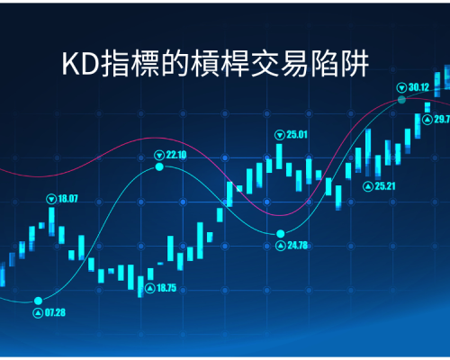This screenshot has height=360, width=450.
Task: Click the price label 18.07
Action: click(67, 199)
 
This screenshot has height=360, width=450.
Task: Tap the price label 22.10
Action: click(176, 155)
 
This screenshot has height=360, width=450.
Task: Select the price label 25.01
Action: click(297, 134)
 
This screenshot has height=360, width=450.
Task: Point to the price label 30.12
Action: click(418, 87)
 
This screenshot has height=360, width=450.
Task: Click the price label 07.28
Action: click(55, 312)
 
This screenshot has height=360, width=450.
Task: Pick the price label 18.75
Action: click(166, 288)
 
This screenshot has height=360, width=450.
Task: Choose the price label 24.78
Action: click(298, 246)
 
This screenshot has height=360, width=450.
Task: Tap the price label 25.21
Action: click(385, 186)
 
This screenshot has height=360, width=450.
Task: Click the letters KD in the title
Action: click(80, 64)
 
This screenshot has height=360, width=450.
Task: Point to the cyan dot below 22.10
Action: click(159, 166)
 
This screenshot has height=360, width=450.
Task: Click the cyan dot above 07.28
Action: click(38, 301)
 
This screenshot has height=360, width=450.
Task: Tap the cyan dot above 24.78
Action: click(281, 233)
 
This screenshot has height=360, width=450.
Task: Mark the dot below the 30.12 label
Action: click(401, 100)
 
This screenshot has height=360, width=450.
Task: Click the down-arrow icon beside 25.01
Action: click(280, 135)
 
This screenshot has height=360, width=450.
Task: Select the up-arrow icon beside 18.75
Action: click(150, 289)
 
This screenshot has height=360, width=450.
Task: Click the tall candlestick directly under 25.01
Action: click(279, 157)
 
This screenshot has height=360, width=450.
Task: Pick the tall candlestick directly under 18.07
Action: click(51, 221)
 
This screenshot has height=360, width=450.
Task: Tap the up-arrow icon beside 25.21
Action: click(368, 186)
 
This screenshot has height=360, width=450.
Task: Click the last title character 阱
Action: click(355, 64)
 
